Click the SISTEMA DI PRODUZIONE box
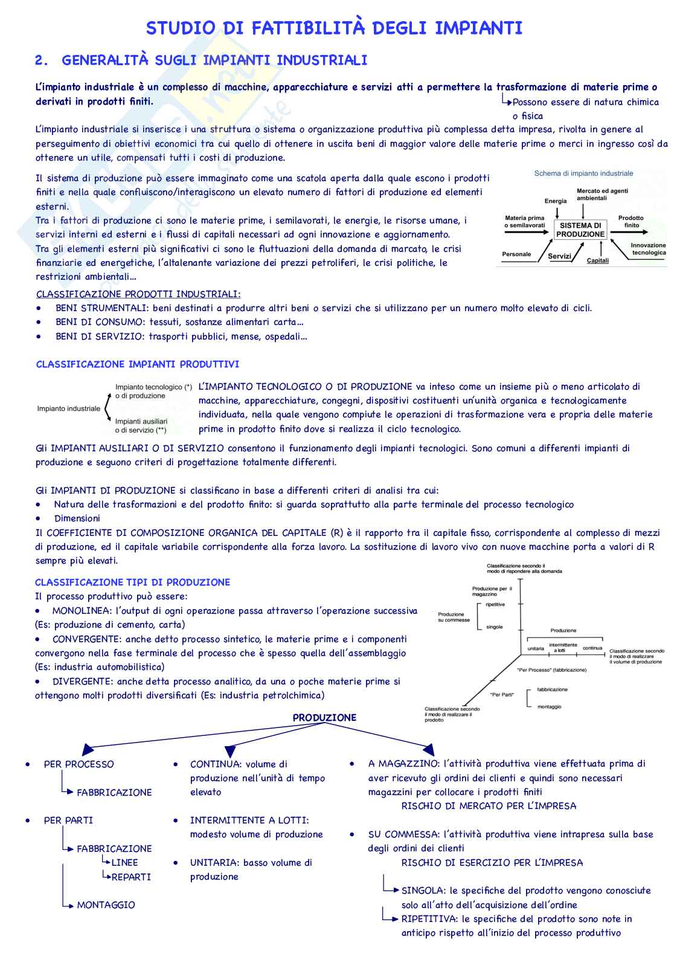pyautogui.click(x=580, y=230)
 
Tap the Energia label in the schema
pyautogui.click(x=556, y=201)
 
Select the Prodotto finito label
pyautogui.click(x=631, y=222)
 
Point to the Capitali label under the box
pyautogui.click(x=598, y=261)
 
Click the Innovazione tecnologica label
pyautogui.click(x=648, y=249)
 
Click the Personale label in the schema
pyautogui.click(x=516, y=254)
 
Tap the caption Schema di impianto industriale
pyautogui.click(x=583, y=173)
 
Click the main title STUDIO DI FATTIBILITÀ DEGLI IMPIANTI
pyautogui.click(x=334, y=28)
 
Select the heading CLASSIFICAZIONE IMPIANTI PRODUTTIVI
pyautogui.click(x=138, y=364)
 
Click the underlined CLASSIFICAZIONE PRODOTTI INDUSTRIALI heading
pyautogui.click(x=138, y=294)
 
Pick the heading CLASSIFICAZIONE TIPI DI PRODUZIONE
pyautogui.click(x=133, y=582)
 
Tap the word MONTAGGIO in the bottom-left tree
pyautogui.click(x=106, y=905)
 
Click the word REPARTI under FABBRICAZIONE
pyautogui.click(x=131, y=877)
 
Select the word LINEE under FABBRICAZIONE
pyautogui.click(x=124, y=863)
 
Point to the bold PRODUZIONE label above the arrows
pyautogui.click(x=324, y=718)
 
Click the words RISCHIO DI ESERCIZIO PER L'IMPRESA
pyautogui.click(x=492, y=863)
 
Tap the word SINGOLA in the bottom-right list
pyautogui.click(x=423, y=891)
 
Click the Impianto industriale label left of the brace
pyautogui.click(x=69, y=408)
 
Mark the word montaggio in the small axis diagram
pyautogui.click(x=549, y=706)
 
